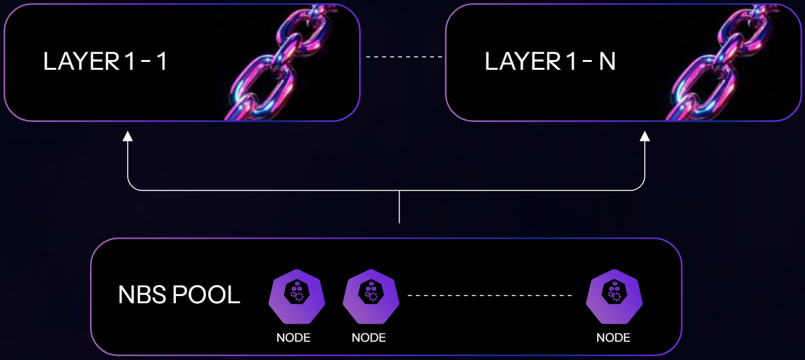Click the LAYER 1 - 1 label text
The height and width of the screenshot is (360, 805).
click(106, 62)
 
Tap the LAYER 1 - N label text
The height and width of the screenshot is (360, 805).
click(550, 62)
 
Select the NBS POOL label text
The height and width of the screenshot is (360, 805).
click(179, 295)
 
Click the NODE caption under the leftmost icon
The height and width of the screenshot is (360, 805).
click(293, 338)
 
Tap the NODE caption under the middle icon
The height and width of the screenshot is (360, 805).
click(369, 338)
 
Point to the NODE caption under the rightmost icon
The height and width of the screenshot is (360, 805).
click(613, 338)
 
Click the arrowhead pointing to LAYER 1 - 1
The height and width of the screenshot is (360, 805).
click(128, 136)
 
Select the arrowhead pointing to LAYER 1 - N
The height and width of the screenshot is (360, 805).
click(645, 136)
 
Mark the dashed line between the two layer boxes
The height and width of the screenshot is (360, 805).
click(404, 57)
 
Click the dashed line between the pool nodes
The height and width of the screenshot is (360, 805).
click(490, 296)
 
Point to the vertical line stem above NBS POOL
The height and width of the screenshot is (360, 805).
click(399, 207)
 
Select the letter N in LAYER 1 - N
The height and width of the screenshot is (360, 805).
click(607, 62)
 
